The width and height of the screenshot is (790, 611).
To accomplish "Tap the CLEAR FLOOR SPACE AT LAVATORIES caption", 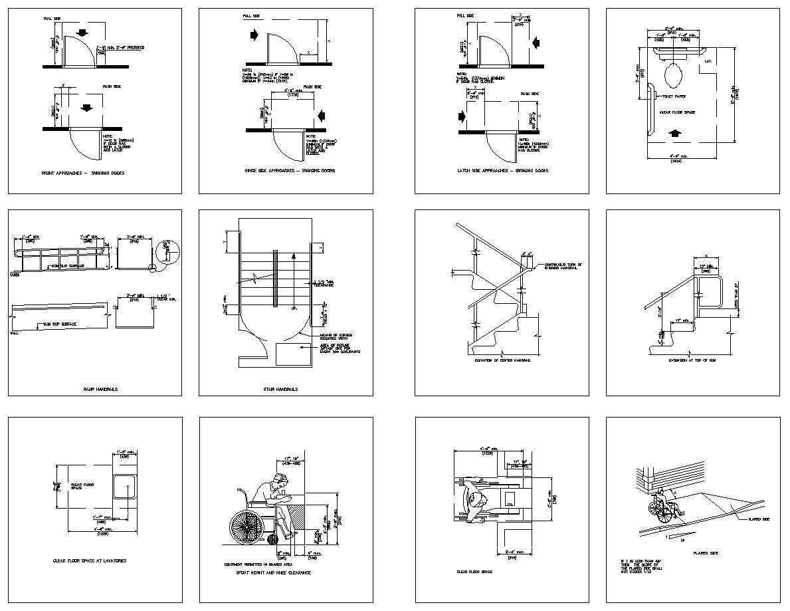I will pyautogui.click(x=90, y=560).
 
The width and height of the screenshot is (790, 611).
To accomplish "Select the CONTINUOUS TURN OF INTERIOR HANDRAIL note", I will pyautogui.click(x=563, y=267).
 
